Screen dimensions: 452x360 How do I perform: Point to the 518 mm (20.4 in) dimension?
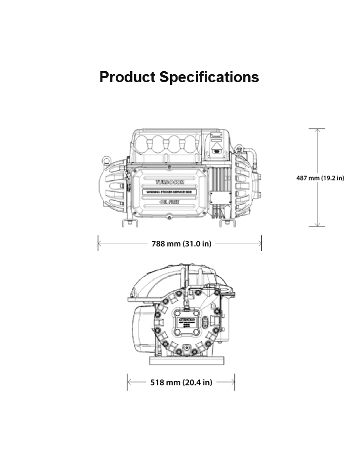point(181,382)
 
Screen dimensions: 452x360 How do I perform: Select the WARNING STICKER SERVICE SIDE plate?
point(170,191)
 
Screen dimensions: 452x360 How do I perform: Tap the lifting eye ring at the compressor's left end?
point(105,160)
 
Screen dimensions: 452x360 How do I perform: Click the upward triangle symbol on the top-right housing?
point(217,145)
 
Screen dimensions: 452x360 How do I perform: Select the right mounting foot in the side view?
point(227,223)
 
